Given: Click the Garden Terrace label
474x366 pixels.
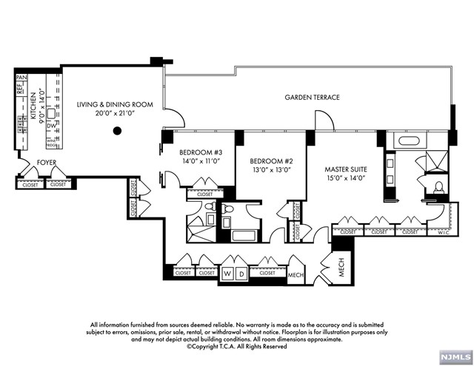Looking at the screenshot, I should [x=313, y=98].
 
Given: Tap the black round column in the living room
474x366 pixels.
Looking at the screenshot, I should [x=116, y=132].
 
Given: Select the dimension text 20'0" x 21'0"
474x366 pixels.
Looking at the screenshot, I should [x=115, y=115].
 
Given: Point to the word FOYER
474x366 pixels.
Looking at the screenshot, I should [x=27, y=162].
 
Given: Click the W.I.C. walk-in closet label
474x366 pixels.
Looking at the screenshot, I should [x=443, y=231].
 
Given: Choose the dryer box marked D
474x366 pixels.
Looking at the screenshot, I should [x=241, y=274].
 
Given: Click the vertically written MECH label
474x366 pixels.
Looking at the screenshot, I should [x=342, y=267].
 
